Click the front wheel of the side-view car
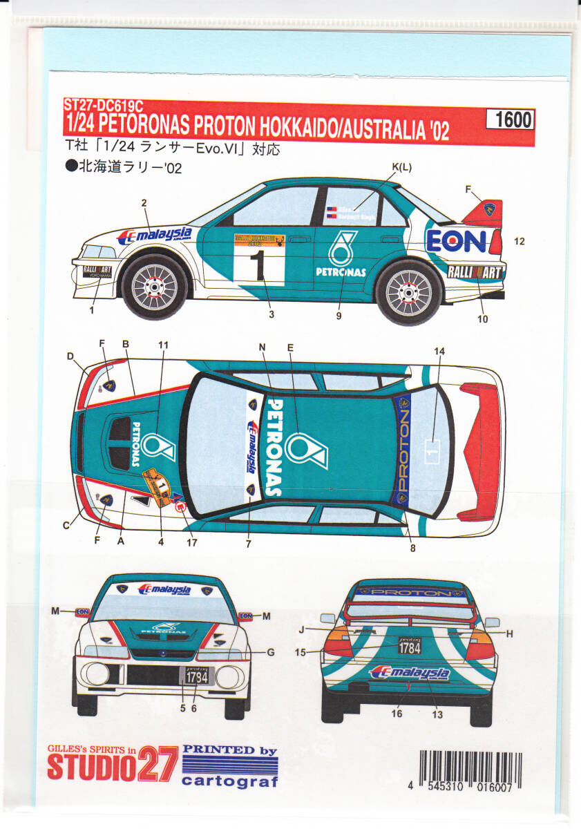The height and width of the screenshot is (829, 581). pos(155,285)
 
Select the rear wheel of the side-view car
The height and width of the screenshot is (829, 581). pos(410,290)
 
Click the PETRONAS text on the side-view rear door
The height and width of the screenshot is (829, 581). pos(341,272)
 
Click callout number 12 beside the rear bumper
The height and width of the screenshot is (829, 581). pos(520,241)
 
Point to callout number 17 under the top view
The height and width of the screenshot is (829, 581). pos(191,542)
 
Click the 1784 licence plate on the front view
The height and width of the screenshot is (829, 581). pos(197,678)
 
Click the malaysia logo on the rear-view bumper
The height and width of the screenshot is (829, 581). pos(409,674)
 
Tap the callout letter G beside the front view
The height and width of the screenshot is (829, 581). pos(271,651)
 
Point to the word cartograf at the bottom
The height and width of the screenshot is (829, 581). pos(231,782)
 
